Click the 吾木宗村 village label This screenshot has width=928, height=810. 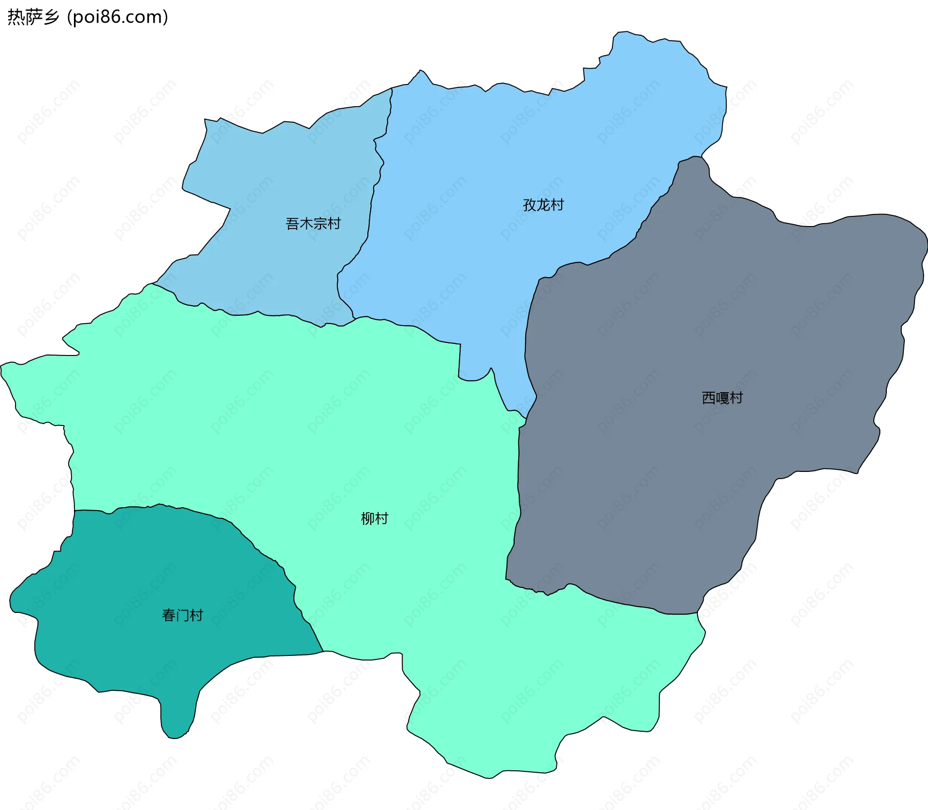pos(313,224)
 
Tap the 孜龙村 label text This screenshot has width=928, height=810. pos(543,205)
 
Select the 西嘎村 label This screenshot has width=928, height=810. pos(722,398)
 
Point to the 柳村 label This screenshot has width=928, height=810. pos(375,518)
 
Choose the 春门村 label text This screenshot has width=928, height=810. pos(182,615)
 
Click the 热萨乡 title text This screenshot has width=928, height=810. pos(33,17)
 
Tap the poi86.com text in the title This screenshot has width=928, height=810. pos(117,17)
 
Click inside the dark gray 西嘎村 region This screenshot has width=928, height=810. pos(701,483)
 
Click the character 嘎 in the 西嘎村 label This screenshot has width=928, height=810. pos(722,398)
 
